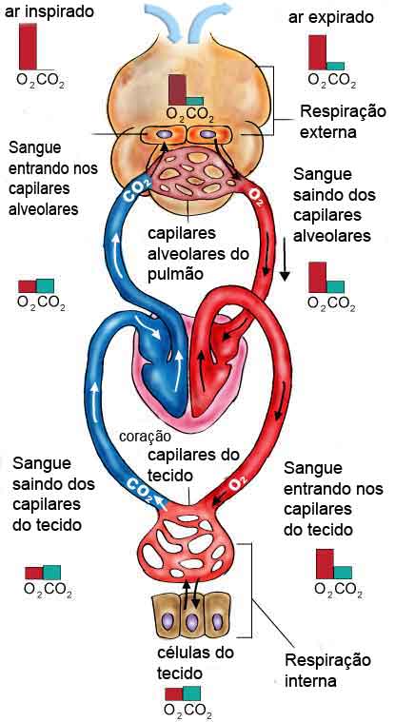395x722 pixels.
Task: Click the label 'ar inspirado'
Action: (x=49, y=11)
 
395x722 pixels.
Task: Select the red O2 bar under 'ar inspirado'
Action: (x=28, y=47)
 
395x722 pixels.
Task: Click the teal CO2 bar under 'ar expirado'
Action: (x=335, y=66)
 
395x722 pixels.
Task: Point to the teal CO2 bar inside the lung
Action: (x=195, y=101)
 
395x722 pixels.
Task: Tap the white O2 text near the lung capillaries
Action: (x=255, y=196)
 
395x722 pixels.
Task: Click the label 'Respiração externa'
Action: (x=343, y=122)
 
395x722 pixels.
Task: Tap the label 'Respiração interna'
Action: (x=327, y=671)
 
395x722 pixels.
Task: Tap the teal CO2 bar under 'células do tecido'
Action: (x=191, y=693)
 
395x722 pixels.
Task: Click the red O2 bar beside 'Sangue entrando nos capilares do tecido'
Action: (x=325, y=563)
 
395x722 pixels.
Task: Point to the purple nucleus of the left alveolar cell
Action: (x=164, y=134)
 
